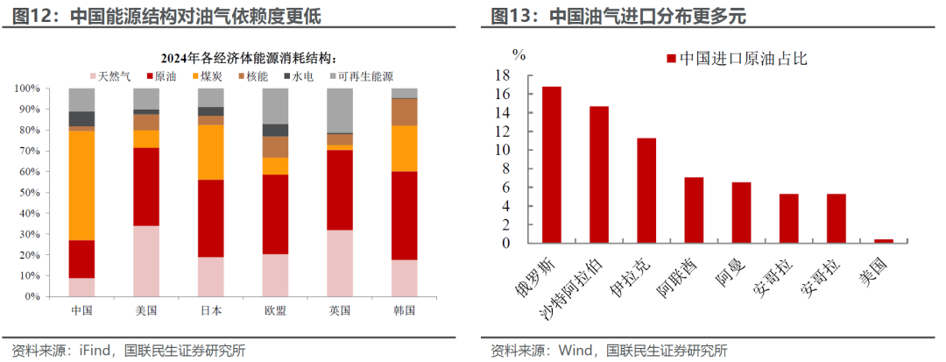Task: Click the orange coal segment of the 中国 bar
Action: [x=81, y=185]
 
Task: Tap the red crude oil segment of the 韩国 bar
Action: [x=404, y=215]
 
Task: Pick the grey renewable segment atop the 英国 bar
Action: [x=339, y=110]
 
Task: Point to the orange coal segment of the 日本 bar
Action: [x=210, y=153]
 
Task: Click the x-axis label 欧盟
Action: [x=275, y=311]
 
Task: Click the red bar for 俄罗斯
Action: [x=552, y=164]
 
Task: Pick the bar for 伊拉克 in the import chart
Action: [x=646, y=189]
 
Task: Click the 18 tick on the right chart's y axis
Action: [x=502, y=75]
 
